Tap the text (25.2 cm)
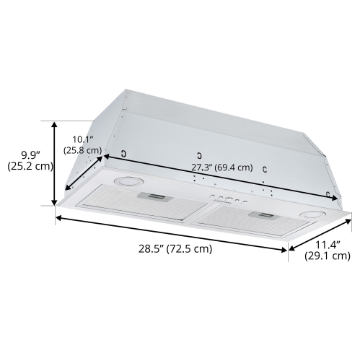point(30,166)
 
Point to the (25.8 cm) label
point(82,150)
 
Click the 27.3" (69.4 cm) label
point(221,168)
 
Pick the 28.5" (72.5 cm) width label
point(175,249)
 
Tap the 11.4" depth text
point(326,244)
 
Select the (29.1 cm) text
point(327,256)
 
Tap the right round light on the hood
point(312,216)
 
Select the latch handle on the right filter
point(260,214)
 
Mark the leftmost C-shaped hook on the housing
point(125,153)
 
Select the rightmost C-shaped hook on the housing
point(328,193)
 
